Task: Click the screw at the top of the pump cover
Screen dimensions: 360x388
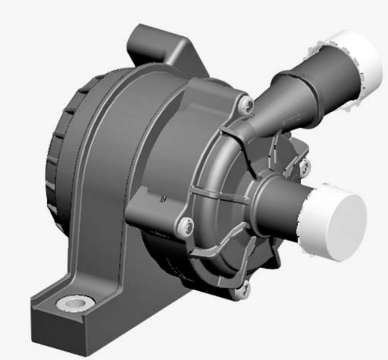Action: pos(246,104)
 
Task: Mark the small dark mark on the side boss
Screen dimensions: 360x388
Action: pos(162,200)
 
